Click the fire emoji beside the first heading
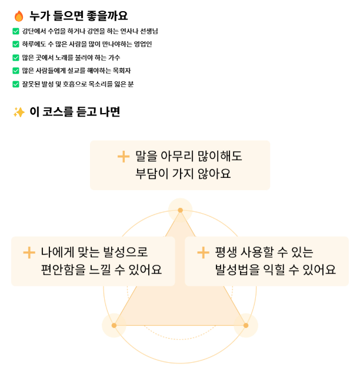coord(18,16)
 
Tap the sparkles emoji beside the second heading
coord(19,112)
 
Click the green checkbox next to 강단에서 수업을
coord(16,31)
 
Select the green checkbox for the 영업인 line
coord(16,44)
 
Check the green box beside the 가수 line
coord(16,58)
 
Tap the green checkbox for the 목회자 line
coord(16,71)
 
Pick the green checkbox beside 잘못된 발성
coord(16,84)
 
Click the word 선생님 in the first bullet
coord(147,31)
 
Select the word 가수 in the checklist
coord(114,58)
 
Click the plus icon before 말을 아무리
coord(123,156)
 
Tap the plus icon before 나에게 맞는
coord(29,253)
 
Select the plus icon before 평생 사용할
coord(203,253)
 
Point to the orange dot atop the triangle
coord(181,210)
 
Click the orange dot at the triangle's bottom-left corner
coord(114,325)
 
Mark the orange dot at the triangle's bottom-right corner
coord(246,325)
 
